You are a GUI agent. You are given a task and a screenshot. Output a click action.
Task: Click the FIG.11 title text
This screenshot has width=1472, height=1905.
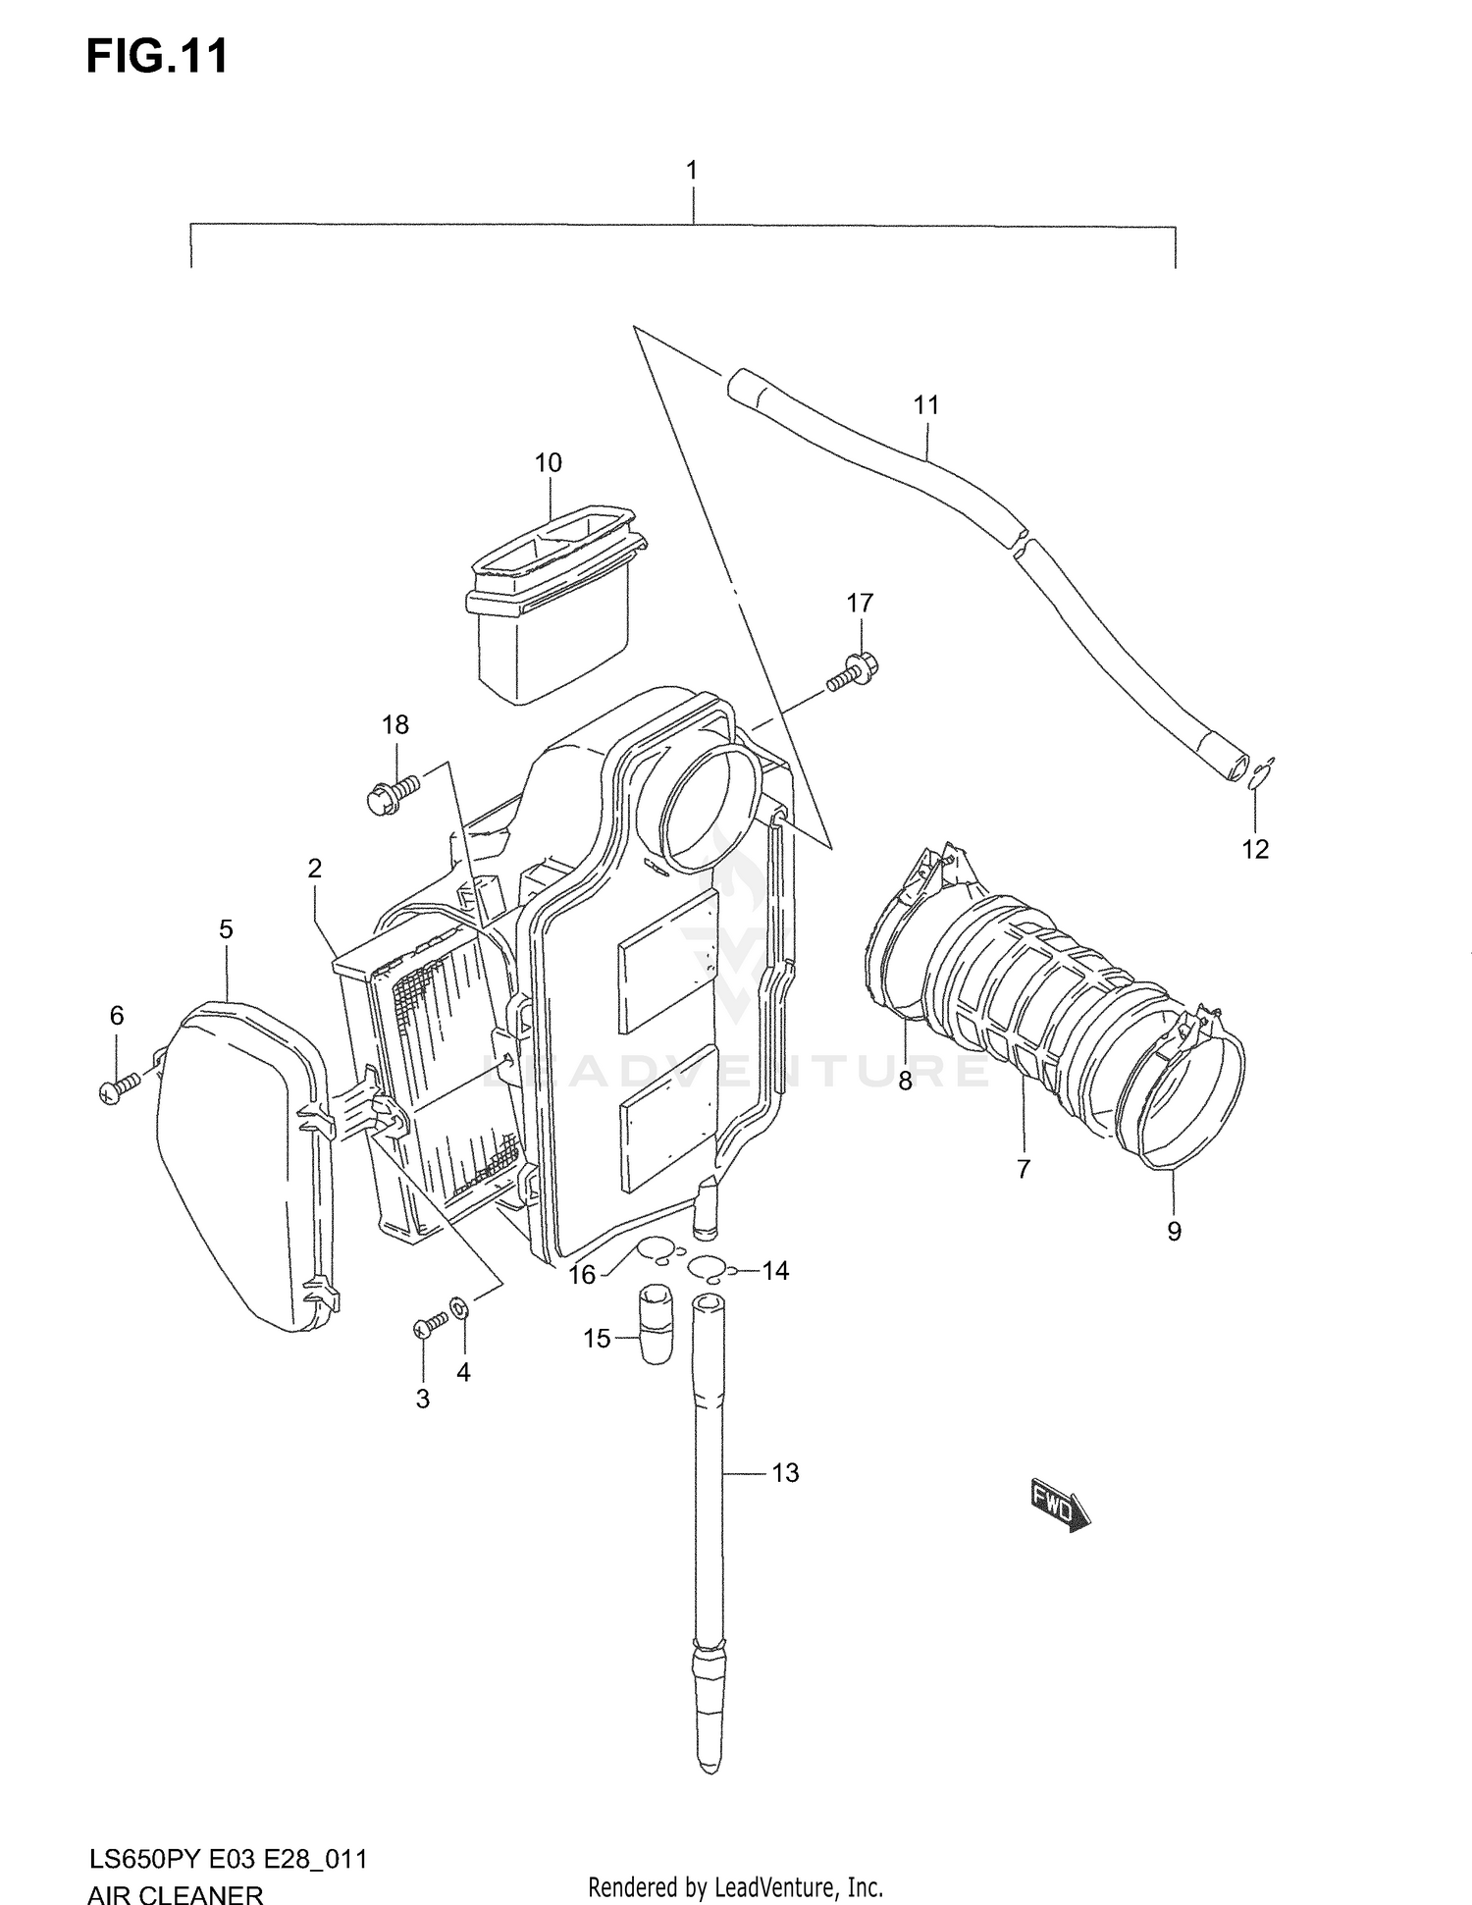(157, 56)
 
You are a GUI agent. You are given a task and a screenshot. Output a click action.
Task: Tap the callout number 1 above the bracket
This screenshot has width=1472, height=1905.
(691, 171)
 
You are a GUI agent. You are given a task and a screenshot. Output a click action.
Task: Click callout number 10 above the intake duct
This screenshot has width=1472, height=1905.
(548, 462)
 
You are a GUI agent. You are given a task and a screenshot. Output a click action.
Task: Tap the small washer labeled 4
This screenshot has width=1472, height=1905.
(459, 1308)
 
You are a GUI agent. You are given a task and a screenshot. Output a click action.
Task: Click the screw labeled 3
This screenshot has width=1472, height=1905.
(428, 1325)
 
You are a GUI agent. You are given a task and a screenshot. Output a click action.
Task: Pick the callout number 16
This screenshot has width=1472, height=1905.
(582, 1274)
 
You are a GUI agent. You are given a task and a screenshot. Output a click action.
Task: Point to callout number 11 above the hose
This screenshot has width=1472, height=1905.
(925, 404)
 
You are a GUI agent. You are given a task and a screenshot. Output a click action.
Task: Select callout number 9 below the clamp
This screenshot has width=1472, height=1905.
(1174, 1231)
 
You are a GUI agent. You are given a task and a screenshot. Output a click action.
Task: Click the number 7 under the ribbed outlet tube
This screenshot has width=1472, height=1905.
(1023, 1168)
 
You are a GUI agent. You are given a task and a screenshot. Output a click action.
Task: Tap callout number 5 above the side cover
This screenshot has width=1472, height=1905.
(226, 928)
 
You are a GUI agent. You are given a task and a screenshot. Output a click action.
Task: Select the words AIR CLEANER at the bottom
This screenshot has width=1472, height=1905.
(175, 1893)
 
